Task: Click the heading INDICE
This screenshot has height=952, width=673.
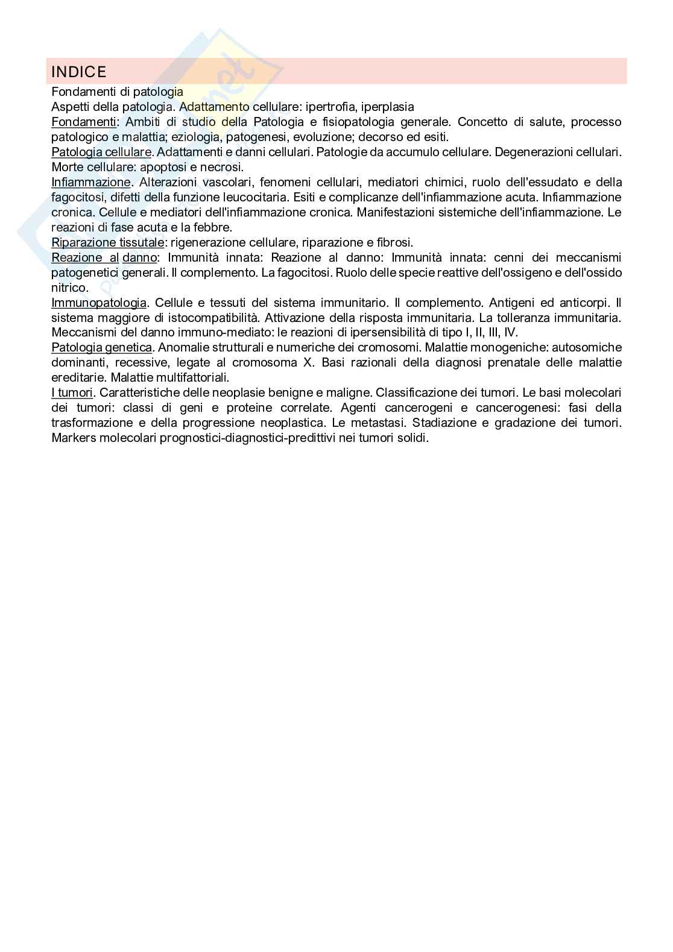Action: pyautogui.click(x=79, y=72)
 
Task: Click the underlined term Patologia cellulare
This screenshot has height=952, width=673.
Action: pyautogui.click(x=101, y=152)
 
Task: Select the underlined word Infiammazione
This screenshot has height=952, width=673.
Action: pyautogui.click(x=91, y=182)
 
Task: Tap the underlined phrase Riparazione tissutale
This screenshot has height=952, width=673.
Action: pyautogui.click(x=108, y=242)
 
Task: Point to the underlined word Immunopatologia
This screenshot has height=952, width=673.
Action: pyautogui.click(x=99, y=302)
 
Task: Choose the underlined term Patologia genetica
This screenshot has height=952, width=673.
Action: pyautogui.click(x=101, y=347)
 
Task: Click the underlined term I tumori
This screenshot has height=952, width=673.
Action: pyautogui.click(x=72, y=392)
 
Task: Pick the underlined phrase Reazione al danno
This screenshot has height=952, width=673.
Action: pyautogui.click(x=104, y=257)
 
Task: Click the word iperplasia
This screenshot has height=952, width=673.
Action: pyautogui.click(x=388, y=107)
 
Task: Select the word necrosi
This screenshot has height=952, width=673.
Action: pyautogui.click(x=221, y=167)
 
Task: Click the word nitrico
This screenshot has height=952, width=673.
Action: pyautogui.click(x=69, y=288)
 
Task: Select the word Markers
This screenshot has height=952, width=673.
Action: pyautogui.click(x=72, y=438)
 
